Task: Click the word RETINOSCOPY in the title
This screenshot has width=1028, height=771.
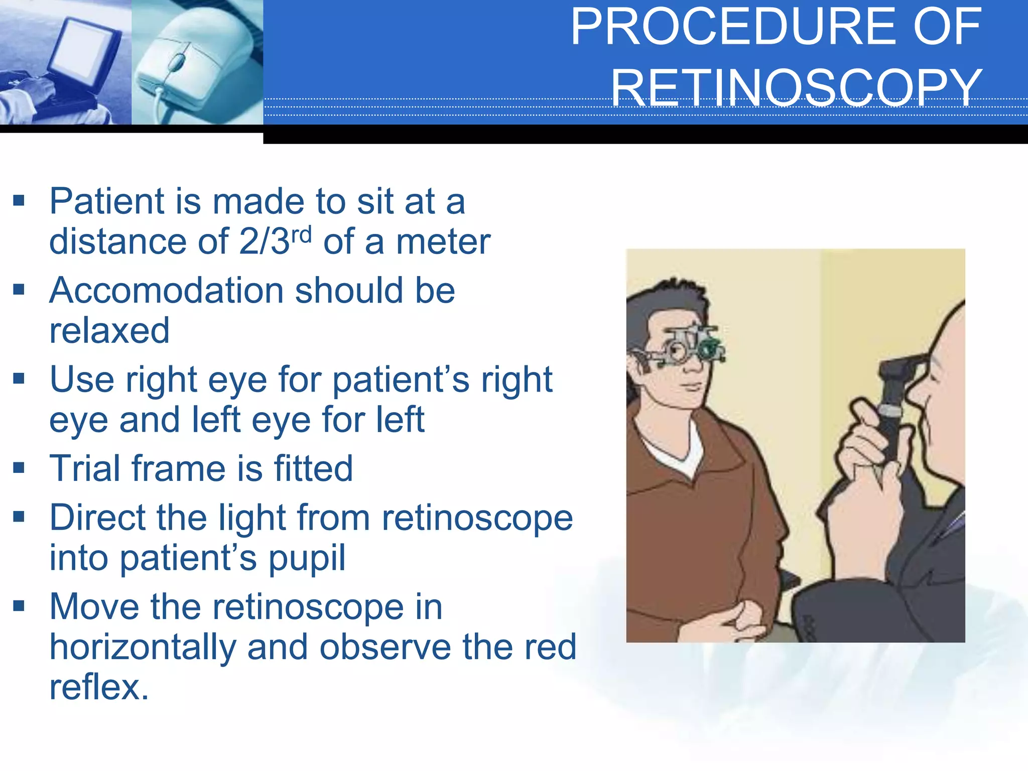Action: point(796,87)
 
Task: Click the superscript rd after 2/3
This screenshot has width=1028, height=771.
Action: point(301,234)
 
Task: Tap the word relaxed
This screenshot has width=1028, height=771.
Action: point(109,331)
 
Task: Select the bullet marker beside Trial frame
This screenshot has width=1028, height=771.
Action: point(19,468)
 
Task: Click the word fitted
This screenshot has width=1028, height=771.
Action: point(313,468)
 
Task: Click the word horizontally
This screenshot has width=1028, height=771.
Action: point(143,647)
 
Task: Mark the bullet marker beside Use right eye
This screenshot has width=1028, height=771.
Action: point(19,378)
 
